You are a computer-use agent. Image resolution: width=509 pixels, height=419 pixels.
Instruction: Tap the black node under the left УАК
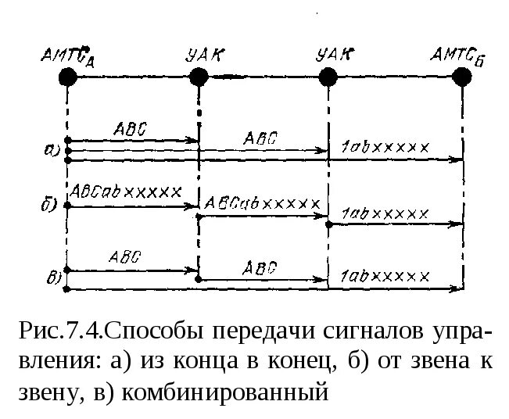point(199,76)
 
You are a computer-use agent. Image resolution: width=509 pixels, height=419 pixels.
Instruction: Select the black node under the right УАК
point(328,76)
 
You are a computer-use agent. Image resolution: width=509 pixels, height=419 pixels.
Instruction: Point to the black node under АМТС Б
point(462,76)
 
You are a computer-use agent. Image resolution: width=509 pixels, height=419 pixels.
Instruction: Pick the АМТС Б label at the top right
point(459,56)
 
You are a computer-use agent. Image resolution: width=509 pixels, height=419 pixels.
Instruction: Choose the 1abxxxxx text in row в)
point(385,276)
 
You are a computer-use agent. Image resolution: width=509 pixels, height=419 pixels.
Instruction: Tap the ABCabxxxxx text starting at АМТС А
point(126,191)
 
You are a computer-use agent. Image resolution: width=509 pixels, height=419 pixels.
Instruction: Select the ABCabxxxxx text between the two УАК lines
point(262,202)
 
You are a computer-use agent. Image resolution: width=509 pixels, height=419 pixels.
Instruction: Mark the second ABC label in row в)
point(260,266)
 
